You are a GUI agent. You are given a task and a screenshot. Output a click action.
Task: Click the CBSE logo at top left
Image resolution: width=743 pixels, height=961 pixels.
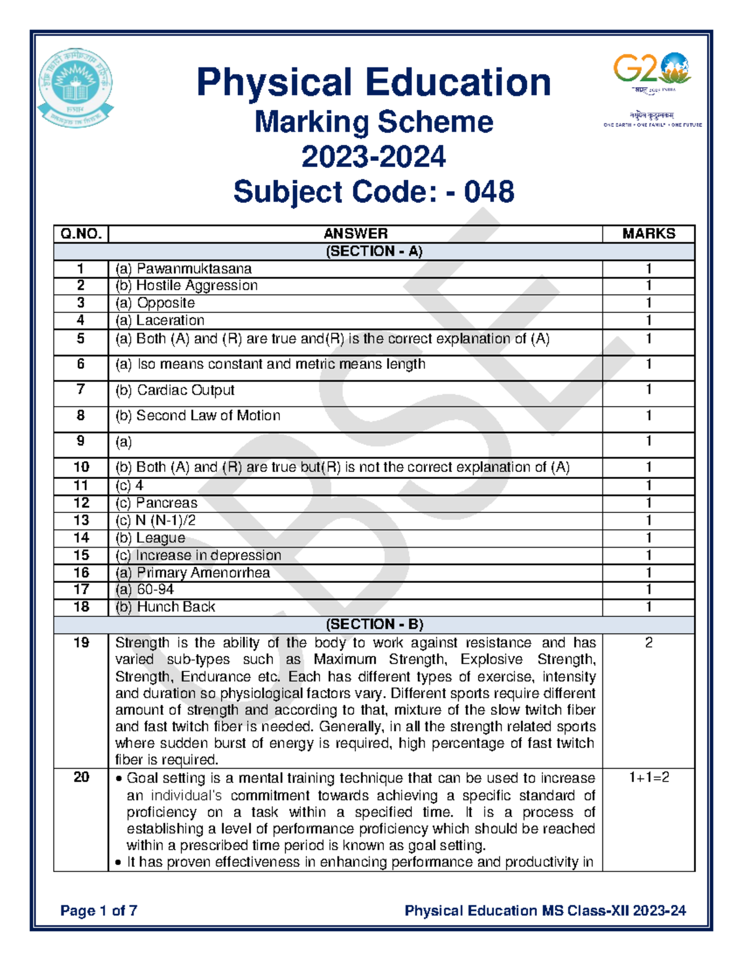75,89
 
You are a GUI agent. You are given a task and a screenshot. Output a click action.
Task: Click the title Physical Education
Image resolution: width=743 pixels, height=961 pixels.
373,82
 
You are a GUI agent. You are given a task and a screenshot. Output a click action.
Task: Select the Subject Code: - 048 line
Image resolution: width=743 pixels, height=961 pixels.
373,192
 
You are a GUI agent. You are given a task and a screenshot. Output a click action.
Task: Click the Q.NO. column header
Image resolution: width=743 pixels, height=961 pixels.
80,234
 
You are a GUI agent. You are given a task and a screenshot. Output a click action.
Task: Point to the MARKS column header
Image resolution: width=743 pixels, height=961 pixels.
648,234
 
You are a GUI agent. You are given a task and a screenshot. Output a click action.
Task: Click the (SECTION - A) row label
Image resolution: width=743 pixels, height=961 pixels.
373,251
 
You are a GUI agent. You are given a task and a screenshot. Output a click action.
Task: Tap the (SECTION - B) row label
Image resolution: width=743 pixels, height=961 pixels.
373,624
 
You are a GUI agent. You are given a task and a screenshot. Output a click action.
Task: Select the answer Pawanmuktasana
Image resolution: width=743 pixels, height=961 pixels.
183,269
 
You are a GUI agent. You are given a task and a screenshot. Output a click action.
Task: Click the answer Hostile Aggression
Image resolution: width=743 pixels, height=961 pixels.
186,285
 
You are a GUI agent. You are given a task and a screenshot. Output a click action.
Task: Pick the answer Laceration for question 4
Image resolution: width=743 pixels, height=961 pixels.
160,321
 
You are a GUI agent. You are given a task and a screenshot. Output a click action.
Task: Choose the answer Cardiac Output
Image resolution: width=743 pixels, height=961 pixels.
175,390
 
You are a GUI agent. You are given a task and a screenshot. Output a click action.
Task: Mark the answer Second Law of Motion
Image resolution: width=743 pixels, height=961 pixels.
198,416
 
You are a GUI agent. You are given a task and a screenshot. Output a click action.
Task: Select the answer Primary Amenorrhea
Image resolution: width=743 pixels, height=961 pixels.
193,573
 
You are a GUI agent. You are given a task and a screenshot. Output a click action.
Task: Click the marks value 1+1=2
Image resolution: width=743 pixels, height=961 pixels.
648,778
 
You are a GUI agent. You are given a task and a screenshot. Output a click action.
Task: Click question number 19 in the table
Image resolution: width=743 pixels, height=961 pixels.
81,643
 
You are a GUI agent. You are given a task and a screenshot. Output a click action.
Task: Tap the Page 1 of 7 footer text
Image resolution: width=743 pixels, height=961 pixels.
98,910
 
